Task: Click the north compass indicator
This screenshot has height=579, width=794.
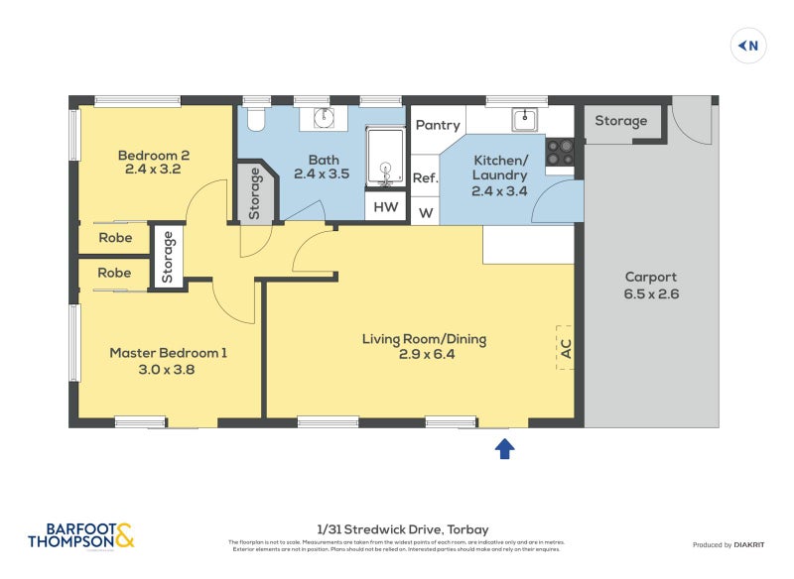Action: pos(749,46)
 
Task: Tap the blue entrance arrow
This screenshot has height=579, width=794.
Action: pos(504,448)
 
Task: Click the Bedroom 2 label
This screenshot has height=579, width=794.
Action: pos(153,162)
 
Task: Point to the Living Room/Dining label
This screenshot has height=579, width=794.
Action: pos(424,346)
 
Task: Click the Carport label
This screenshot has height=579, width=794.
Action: pos(650,285)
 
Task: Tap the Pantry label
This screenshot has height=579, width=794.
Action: pos(438,125)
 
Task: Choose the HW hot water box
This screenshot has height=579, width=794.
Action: pos(386,207)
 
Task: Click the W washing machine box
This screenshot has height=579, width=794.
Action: pos(425,212)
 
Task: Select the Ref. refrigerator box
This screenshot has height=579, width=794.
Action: pos(425,178)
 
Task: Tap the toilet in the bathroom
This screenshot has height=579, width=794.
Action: pos(256,120)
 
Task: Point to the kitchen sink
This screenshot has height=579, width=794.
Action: pos(523,120)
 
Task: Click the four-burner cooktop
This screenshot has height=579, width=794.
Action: pos(561,151)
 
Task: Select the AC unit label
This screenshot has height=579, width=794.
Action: pos(566,348)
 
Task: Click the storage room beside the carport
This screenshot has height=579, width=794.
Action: pos(620,122)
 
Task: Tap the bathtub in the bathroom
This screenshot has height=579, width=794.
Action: pos(385,157)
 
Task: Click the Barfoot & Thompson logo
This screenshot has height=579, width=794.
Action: pos(80,535)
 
